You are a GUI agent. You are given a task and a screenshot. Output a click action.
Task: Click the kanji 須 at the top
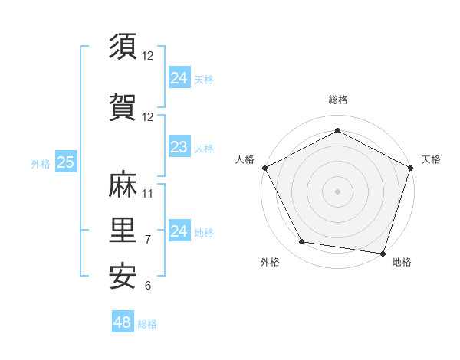coord(123,47)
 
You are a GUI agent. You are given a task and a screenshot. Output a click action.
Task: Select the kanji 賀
coord(123,107)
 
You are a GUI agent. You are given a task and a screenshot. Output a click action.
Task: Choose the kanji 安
coord(123,276)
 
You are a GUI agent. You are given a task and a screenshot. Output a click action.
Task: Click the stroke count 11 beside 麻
coord(148,193)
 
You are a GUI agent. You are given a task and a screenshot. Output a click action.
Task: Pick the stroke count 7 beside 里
coord(148,239)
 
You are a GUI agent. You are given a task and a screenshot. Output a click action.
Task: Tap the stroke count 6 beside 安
coord(148,286)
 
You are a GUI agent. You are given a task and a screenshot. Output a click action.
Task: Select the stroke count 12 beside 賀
coord(148,117)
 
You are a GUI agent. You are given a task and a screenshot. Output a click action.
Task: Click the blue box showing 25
coord(65,162)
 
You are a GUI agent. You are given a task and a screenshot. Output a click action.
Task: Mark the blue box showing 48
coord(123,322)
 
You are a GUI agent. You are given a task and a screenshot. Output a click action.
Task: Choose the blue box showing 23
coord(179,147)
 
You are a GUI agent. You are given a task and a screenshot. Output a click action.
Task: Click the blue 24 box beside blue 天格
coord(179,77)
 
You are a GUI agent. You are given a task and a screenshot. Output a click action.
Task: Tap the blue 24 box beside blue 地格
coord(179,231)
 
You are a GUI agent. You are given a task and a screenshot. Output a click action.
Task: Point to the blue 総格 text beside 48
coord(147,324)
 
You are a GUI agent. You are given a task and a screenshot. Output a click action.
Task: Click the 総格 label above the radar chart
coord(337,100)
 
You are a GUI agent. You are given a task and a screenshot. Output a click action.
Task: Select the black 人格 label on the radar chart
coord(245,159)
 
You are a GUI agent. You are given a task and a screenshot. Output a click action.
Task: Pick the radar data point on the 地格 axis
coord(383,253)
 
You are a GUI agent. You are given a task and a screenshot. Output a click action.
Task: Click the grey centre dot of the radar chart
coord(337,191)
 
